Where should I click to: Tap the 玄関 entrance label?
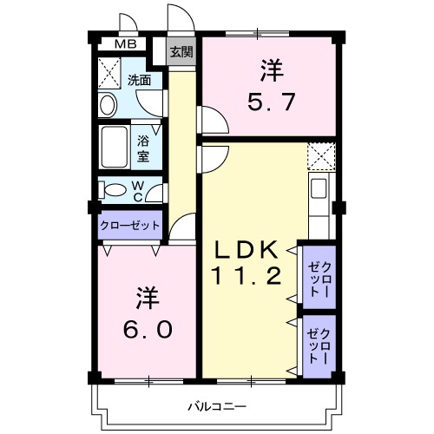[181, 50]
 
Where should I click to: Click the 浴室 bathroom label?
[143, 147]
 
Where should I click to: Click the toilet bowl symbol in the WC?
[111, 189]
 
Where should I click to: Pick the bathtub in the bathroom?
[115, 147]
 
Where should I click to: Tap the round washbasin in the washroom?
[108, 106]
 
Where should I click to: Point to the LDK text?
[247, 251]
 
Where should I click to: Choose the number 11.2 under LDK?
[247, 279]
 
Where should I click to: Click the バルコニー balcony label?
[218, 405]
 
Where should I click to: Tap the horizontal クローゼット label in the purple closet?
[130, 224]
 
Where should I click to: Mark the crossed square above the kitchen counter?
[321, 156]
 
